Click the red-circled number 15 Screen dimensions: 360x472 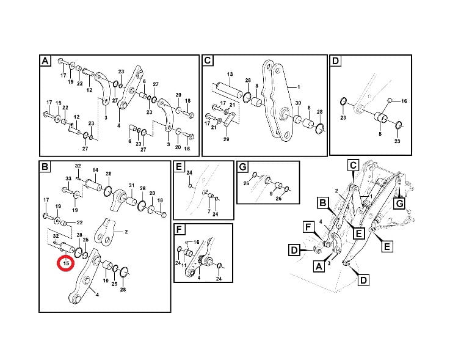tap(65, 263)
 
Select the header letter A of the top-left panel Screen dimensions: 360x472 tap(45, 61)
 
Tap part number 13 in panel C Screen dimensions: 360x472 tap(230, 74)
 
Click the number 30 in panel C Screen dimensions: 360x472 tap(297, 103)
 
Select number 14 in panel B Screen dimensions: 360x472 tap(95, 170)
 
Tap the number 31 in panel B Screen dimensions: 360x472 tap(131, 186)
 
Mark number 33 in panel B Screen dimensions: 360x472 tap(68, 179)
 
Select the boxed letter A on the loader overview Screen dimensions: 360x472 tap(319, 266)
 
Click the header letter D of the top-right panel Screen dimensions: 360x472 tap(335, 61)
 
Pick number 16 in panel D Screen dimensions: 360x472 tap(404, 100)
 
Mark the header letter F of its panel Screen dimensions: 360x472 tap(180, 230)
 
